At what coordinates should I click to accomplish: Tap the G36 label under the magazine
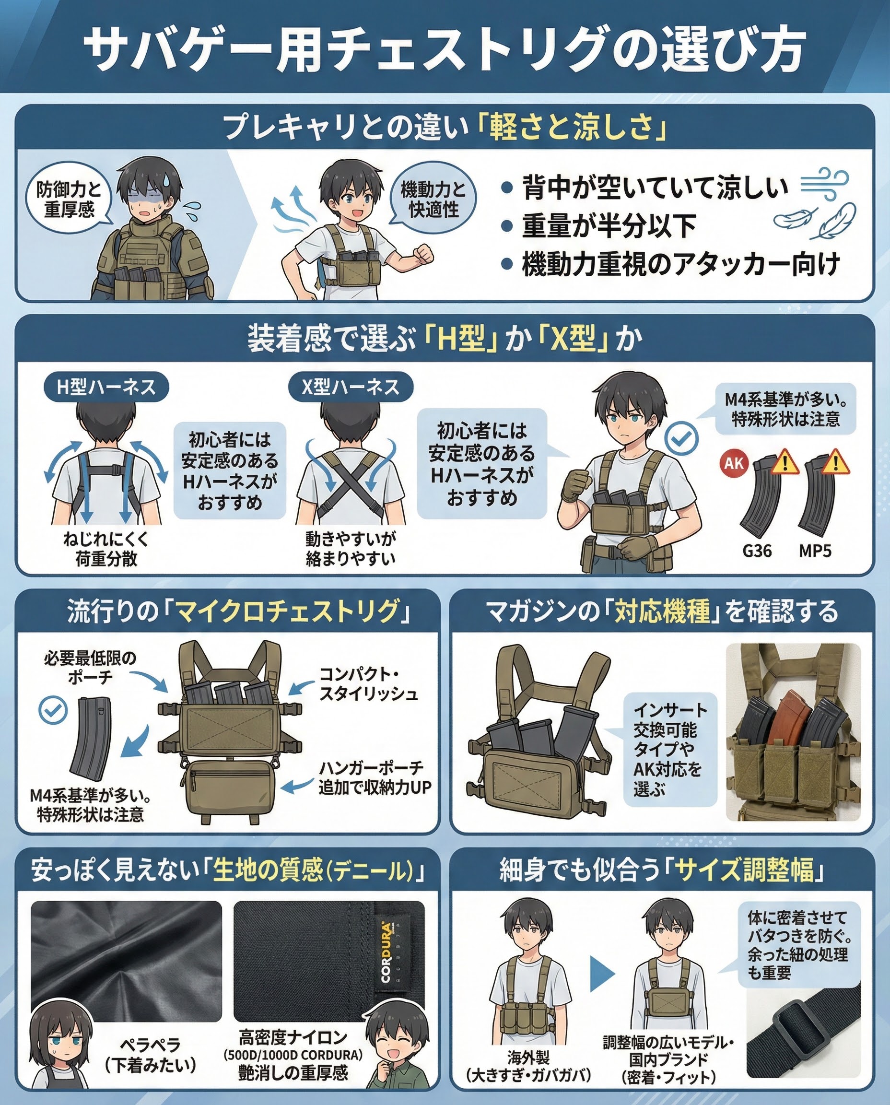coord(757,551)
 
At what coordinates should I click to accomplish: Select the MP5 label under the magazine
coord(815,551)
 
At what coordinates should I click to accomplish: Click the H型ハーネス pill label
coord(106,387)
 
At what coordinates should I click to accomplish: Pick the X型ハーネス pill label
coord(351,387)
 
